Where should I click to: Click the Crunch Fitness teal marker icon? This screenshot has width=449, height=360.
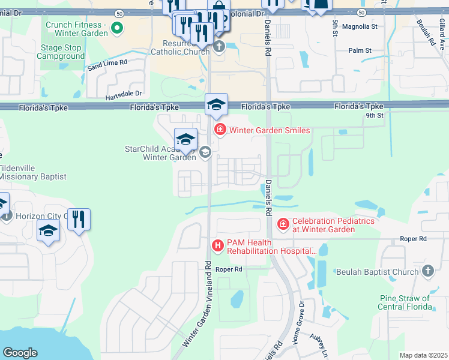[118, 27]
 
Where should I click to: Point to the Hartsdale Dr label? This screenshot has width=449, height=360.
[124, 94]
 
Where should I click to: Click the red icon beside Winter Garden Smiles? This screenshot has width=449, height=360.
[220, 130]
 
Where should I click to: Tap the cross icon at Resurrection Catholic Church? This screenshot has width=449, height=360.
[219, 46]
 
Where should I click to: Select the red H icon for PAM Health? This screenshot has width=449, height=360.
[218, 245]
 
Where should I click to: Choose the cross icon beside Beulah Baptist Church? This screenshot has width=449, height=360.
[427, 271]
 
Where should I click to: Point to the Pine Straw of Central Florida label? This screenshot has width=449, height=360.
[405, 302]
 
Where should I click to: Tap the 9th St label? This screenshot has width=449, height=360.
[375, 115]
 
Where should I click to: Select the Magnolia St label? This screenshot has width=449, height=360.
[359, 26]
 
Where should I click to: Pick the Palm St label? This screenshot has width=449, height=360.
[360, 50]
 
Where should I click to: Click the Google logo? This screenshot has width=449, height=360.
[20, 352]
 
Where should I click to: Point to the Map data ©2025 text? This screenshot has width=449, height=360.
[423, 355]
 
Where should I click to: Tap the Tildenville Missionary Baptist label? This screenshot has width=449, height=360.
[33, 172]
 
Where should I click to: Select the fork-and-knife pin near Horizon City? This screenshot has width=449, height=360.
[79, 220]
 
